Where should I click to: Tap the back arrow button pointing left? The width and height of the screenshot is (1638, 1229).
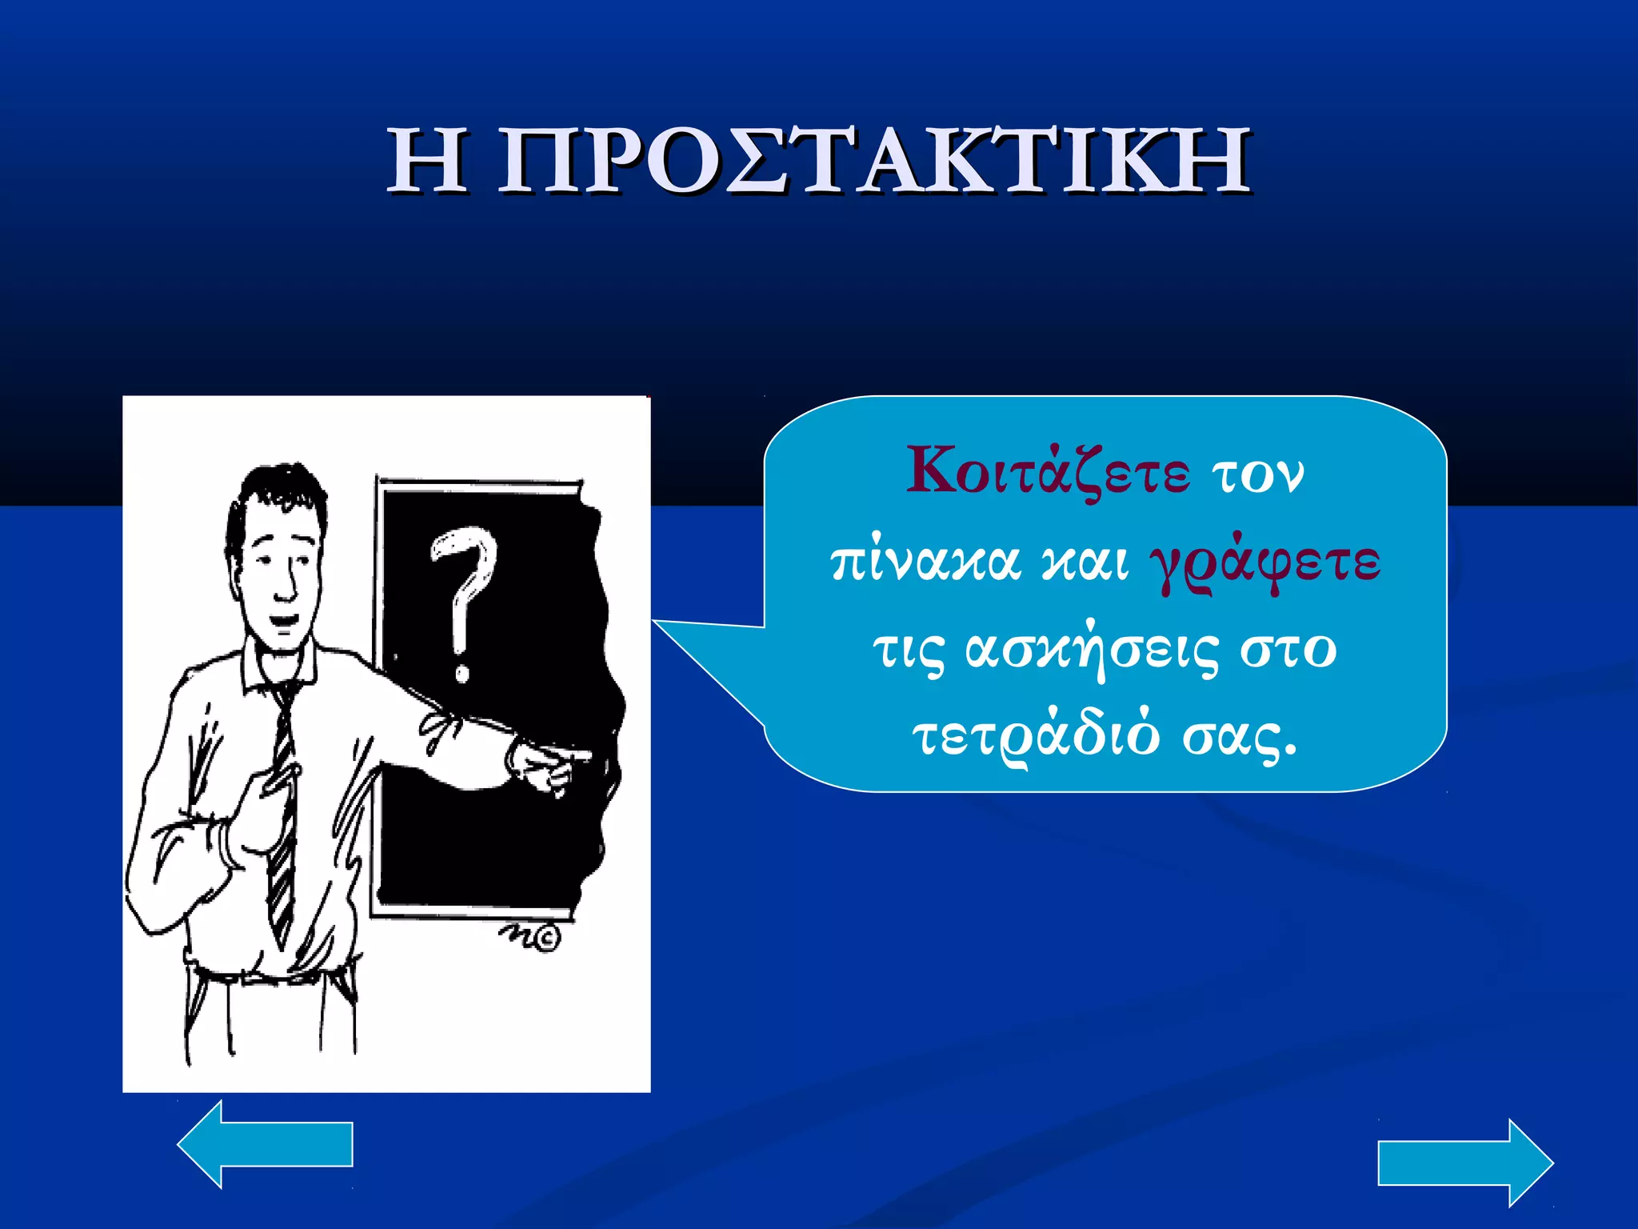click(264, 1144)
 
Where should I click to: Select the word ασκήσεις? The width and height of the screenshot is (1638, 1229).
click(1093, 649)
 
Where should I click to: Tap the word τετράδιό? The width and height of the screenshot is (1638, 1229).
click(1036, 736)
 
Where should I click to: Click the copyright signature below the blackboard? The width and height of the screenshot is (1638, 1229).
click(532, 936)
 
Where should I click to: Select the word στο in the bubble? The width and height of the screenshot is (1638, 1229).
click(1288, 650)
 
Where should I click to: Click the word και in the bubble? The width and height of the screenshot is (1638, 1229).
click(1085, 562)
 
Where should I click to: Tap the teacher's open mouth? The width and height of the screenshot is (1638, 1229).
click(282, 619)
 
